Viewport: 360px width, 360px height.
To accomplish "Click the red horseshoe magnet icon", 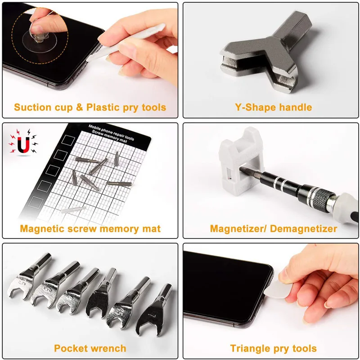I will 23,145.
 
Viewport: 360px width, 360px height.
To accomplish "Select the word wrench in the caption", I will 108,348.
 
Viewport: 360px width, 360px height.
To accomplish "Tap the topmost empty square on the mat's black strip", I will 69,139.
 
